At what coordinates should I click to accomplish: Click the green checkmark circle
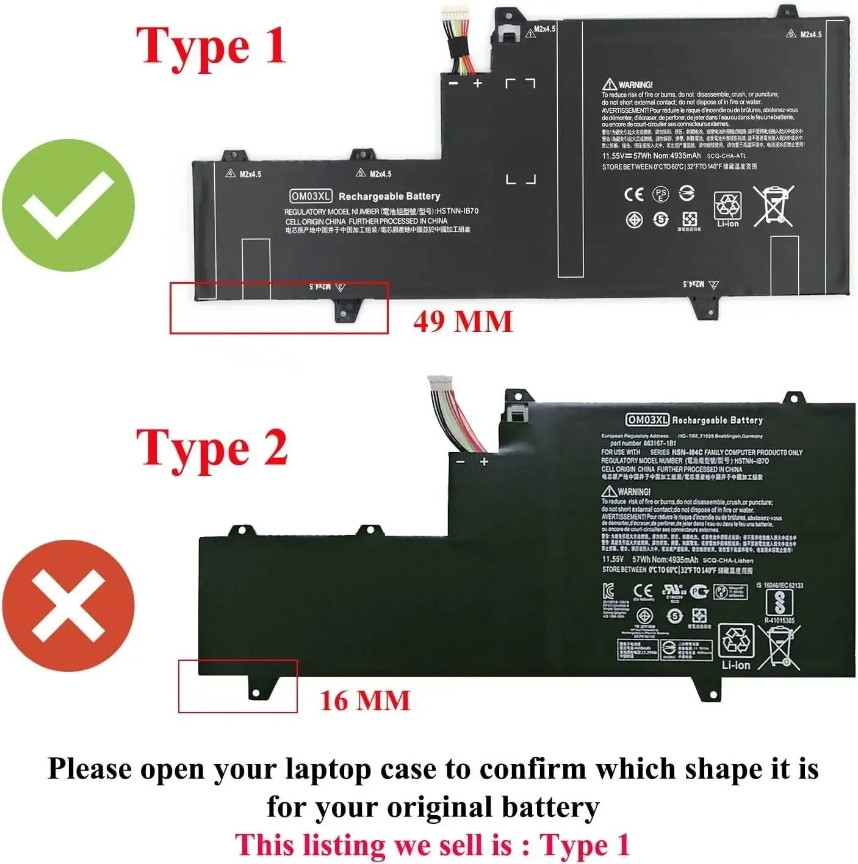(x=68, y=206)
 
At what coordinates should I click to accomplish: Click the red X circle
(x=68, y=605)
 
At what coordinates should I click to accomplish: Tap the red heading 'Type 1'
(x=211, y=46)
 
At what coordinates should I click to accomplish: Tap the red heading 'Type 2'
(x=211, y=449)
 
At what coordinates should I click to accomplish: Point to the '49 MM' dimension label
(x=463, y=322)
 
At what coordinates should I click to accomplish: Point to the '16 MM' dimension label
(x=365, y=700)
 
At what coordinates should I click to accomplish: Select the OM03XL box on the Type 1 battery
(x=311, y=196)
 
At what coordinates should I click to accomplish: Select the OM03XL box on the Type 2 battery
(x=647, y=420)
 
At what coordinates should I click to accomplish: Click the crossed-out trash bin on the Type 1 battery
(x=773, y=206)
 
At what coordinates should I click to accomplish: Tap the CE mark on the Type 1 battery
(x=634, y=194)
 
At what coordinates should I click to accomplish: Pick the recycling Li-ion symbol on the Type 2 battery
(x=736, y=647)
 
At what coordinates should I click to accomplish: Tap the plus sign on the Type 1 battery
(x=477, y=83)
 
